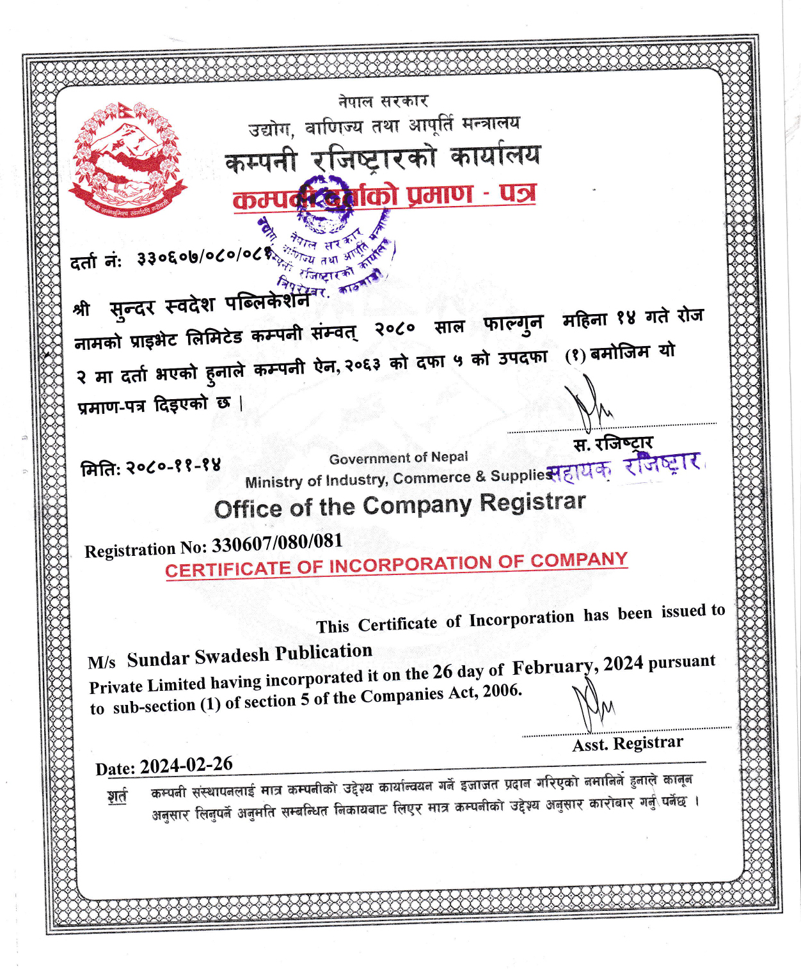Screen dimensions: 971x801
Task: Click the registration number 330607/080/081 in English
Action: tap(277, 544)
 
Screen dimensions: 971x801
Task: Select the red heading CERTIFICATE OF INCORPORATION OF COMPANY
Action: tap(396, 564)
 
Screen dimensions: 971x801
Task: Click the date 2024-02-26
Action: tap(186, 765)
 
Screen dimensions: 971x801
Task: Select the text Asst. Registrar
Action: tap(628, 743)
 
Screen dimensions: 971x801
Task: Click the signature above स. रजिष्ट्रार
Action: tap(590, 403)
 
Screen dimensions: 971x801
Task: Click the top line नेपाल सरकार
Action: tap(383, 101)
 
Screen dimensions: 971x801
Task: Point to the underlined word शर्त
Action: tap(118, 796)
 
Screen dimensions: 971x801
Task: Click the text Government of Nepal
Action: tap(399, 458)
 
